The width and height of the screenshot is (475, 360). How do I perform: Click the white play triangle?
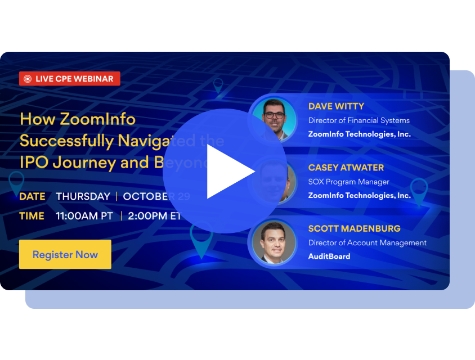228,172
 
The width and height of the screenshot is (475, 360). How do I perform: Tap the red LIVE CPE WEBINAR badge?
70,79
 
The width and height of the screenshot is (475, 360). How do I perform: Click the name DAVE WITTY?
336,106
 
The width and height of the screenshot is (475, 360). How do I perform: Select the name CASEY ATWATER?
346,167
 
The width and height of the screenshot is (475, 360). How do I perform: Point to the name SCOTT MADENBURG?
355,228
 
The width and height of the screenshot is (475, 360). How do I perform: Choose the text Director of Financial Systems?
359,120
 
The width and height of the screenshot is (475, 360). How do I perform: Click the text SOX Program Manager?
349,182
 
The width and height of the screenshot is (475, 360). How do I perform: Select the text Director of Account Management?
368,242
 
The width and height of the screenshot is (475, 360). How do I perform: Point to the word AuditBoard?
329,256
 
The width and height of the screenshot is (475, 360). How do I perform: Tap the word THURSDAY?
83,196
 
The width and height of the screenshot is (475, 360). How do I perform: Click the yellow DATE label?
32,196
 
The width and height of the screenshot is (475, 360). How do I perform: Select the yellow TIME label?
32,216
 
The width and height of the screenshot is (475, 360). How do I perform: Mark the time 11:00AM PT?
84,216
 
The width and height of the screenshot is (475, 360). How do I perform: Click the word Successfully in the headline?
66,141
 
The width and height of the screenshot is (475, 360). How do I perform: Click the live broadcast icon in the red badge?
28,79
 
